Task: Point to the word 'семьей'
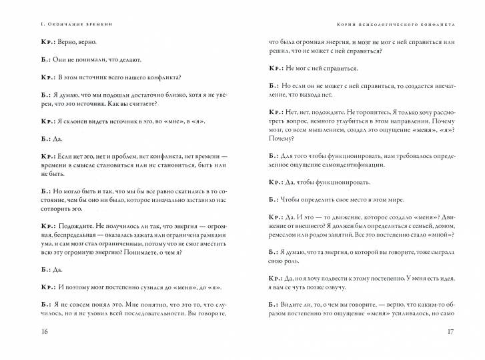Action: pos(403,225)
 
